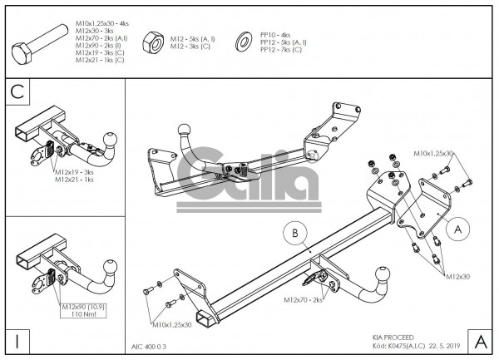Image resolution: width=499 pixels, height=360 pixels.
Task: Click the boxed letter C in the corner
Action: (17, 92)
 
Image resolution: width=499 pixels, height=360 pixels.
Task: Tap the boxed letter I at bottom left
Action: (17, 341)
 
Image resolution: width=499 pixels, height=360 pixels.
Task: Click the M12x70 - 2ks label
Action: (303, 299)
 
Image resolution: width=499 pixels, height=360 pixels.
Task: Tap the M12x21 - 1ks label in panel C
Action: (74, 179)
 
